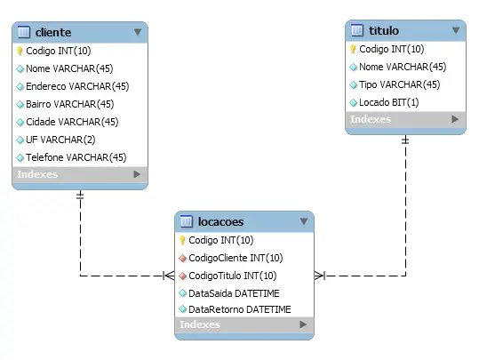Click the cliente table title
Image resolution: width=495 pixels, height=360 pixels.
point(53,32)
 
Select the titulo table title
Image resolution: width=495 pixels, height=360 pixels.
point(384,30)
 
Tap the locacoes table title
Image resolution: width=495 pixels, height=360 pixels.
point(220,221)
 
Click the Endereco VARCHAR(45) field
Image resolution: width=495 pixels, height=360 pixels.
point(77,86)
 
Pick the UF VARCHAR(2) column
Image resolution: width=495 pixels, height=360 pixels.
point(60,140)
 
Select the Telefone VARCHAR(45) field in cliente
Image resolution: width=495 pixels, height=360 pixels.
point(76,157)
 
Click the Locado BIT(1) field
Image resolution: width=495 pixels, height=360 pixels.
point(389,102)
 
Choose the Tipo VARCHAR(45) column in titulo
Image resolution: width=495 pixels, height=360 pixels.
point(399,84)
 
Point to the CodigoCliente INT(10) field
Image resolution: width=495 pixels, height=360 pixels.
point(236,258)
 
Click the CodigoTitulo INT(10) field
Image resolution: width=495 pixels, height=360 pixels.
point(232,276)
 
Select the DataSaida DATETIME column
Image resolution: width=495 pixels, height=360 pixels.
point(234,293)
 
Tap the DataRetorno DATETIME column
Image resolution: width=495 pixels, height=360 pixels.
point(240,309)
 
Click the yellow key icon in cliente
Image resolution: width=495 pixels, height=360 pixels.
point(20,51)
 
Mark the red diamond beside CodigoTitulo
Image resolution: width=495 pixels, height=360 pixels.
point(182,276)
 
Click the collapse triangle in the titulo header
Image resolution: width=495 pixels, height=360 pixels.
point(456,30)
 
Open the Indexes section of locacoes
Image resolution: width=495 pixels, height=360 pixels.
point(200,324)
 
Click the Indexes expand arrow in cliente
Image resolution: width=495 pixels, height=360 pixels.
point(137,174)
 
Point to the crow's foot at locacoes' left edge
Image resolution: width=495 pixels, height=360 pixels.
point(169,276)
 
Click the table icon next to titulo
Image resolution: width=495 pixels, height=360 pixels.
point(357,30)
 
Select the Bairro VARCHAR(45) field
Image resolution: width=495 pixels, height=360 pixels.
point(70,104)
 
